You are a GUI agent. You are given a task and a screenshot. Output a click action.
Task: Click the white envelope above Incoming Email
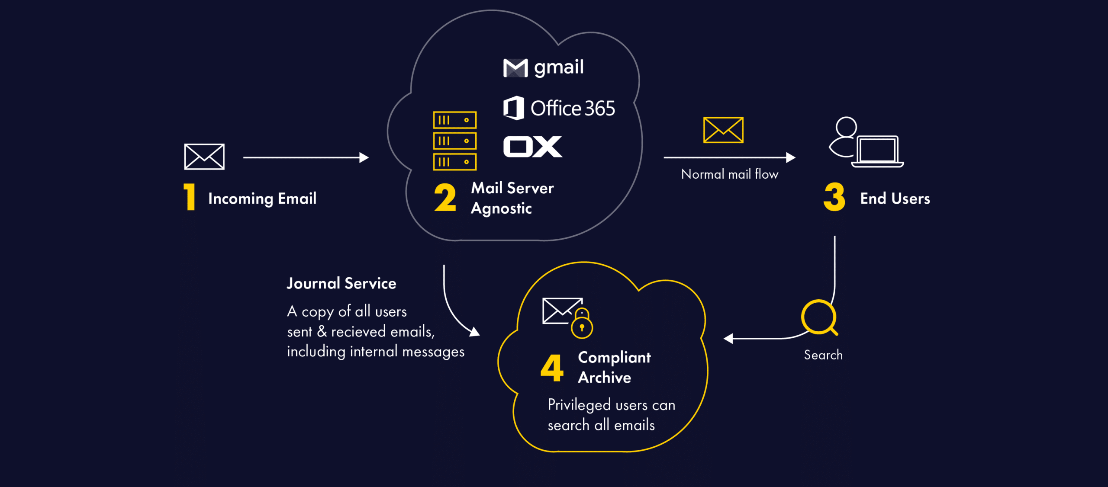204,157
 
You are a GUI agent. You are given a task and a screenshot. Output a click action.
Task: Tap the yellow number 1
190,197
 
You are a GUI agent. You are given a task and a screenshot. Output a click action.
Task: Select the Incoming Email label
262,199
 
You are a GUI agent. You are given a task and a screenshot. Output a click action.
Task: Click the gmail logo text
558,67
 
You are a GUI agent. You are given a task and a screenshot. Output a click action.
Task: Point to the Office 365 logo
559,108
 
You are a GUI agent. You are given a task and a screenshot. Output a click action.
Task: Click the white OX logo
532,147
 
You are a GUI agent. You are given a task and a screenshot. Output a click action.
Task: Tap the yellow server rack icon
454,141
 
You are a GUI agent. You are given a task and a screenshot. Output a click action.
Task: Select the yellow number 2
445,198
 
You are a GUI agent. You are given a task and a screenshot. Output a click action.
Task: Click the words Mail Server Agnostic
512,198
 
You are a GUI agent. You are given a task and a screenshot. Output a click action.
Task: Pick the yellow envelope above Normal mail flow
723,130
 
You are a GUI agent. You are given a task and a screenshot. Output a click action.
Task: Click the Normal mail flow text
730,174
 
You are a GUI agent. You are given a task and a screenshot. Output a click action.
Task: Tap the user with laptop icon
866,142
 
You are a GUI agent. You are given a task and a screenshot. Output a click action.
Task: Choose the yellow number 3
834,197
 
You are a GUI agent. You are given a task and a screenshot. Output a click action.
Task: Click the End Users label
895,199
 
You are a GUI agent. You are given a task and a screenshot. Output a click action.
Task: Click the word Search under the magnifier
823,355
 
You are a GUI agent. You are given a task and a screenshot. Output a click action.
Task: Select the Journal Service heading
341,283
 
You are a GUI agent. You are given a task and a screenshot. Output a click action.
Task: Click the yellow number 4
552,368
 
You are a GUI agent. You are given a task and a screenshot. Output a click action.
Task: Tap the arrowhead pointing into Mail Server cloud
364,158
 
